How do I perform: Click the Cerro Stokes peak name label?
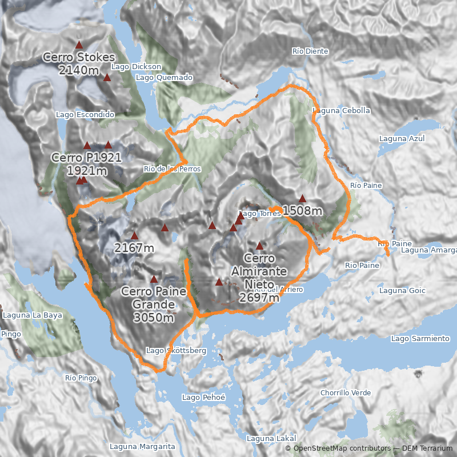(79, 58)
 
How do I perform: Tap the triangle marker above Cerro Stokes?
(79, 45)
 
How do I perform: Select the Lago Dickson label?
(137, 67)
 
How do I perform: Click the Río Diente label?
(310, 51)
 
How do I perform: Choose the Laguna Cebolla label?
(342, 111)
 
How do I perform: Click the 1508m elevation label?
(302, 211)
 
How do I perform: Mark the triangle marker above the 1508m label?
(302, 198)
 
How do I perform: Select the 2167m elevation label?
(134, 248)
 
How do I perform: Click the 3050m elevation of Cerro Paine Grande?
(154, 318)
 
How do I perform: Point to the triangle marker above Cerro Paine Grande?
(154, 279)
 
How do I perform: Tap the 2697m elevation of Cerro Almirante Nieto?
(259, 298)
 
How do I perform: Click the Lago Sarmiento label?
(420, 339)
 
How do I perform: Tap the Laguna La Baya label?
(33, 315)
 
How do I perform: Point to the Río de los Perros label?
(172, 169)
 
